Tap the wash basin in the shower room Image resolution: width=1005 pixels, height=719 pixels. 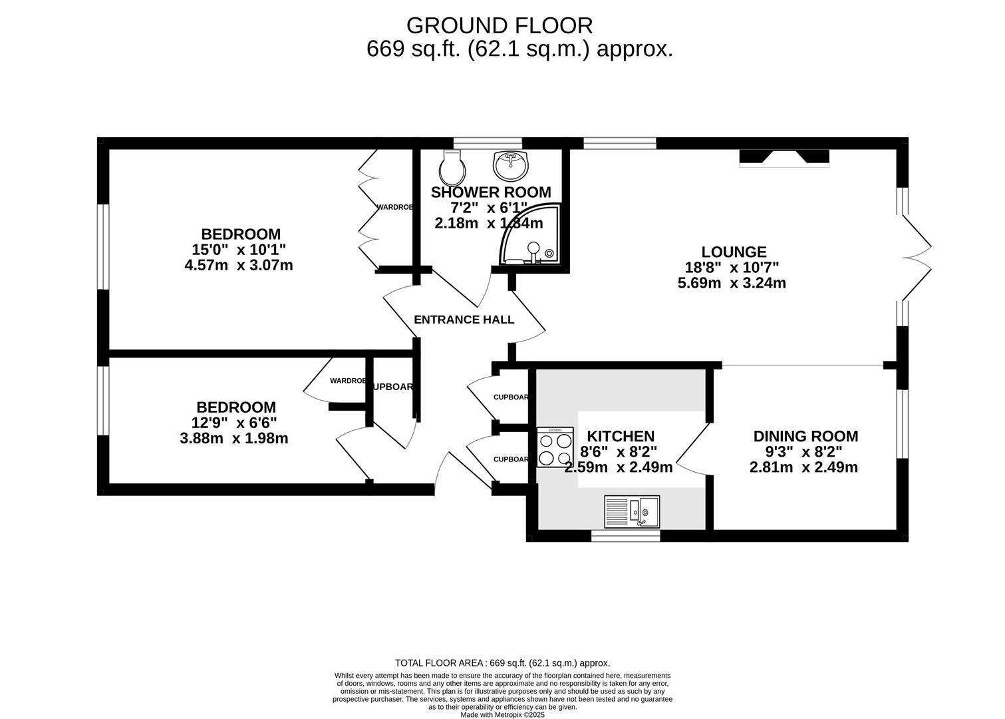click(x=510, y=164)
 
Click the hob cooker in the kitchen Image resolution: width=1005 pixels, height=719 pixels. click(x=555, y=447)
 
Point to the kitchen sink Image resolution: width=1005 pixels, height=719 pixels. click(x=632, y=511)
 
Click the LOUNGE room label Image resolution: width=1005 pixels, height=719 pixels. click(x=734, y=252)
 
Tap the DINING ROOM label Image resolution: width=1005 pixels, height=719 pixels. click(x=805, y=436)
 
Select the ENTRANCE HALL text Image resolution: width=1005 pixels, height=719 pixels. click(x=464, y=320)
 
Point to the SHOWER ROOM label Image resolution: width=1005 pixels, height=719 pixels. click(x=491, y=192)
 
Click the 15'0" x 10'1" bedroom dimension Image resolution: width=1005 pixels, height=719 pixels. click(x=239, y=250)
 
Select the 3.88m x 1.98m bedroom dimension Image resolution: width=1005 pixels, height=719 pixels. click(x=233, y=438)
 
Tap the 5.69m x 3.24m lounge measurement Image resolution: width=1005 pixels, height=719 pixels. click(x=732, y=283)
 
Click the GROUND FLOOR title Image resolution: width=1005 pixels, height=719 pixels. click(x=499, y=25)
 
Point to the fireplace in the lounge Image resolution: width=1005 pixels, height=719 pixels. click(x=784, y=157)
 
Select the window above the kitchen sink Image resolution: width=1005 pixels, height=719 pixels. click(x=625, y=536)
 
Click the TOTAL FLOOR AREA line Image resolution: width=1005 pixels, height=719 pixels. click(x=502, y=663)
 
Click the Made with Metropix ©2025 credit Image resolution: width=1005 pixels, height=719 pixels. click(x=502, y=714)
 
